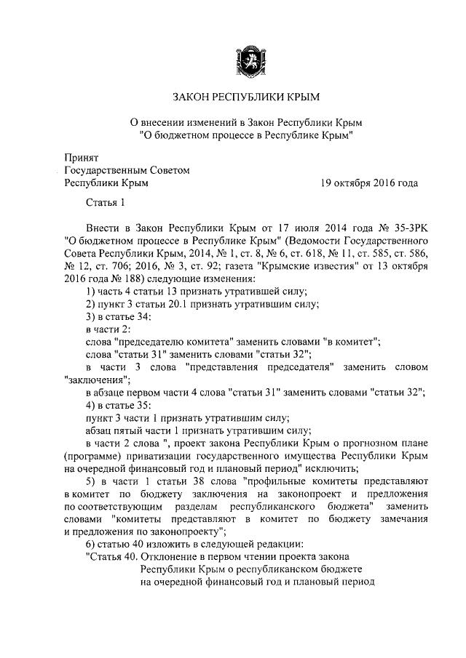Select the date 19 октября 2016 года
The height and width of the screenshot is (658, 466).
click(x=369, y=183)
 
